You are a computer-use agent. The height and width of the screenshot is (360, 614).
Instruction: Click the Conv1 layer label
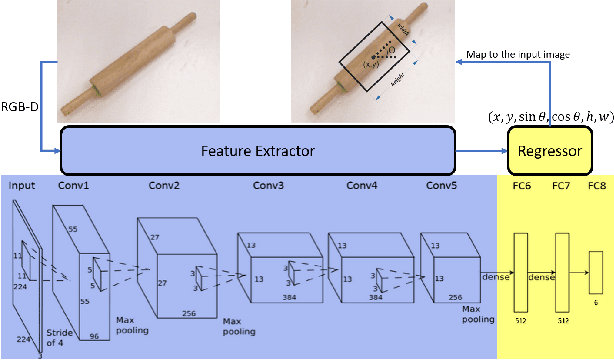(72, 186)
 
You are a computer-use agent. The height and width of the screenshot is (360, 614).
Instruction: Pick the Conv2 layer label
(166, 186)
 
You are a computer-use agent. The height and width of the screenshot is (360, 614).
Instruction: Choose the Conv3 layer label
(266, 186)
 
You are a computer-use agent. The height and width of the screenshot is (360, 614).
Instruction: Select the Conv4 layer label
(363, 186)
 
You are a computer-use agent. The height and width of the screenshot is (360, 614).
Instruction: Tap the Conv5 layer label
(443, 186)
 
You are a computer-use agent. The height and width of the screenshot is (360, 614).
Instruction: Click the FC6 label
(520, 186)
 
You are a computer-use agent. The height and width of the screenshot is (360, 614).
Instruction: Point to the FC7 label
(561, 186)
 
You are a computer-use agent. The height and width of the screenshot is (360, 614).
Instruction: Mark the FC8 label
(596, 186)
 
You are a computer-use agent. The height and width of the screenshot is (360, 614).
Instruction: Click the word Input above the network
(22, 186)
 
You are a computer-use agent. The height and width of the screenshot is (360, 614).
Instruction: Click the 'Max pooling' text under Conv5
(479, 317)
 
